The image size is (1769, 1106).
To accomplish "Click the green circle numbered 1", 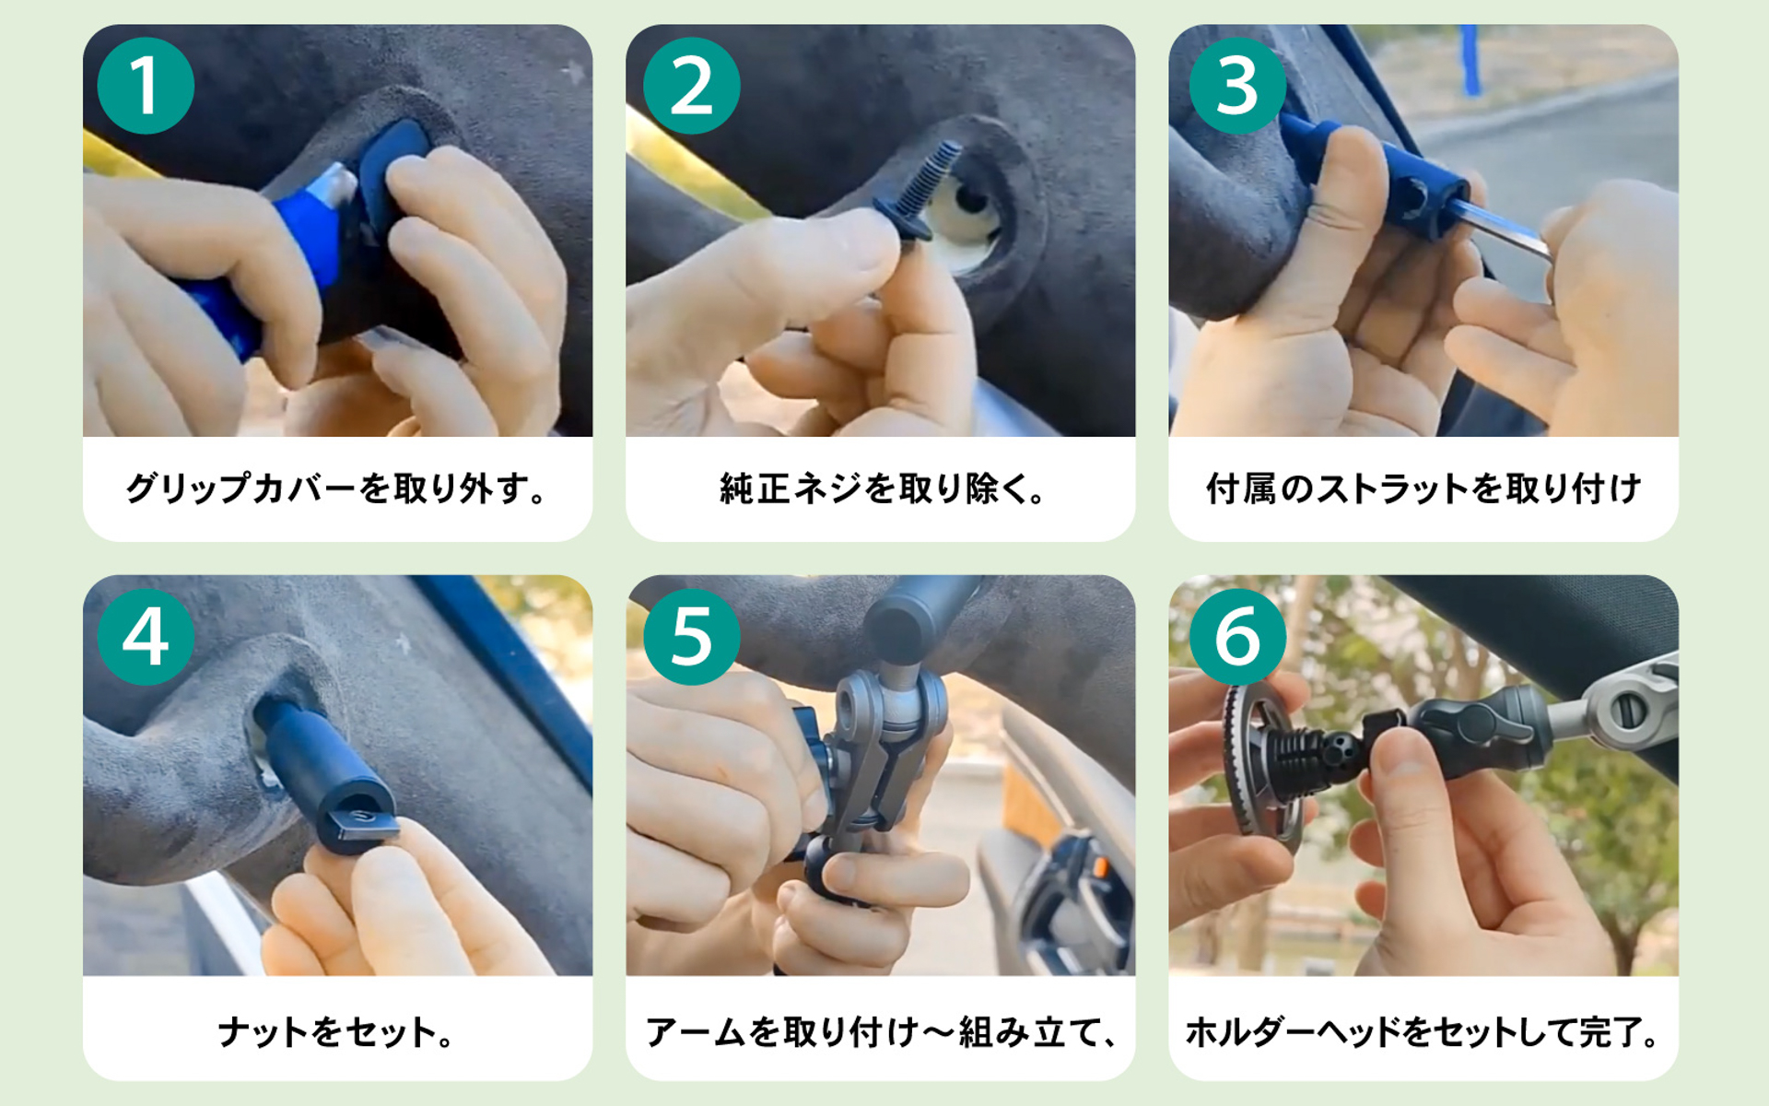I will click(146, 86).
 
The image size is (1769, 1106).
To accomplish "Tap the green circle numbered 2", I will click(691, 86).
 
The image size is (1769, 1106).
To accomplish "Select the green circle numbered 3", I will click(1236, 86).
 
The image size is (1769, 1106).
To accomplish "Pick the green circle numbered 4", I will click(146, 637).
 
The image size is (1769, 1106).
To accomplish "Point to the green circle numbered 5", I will click(691, 637).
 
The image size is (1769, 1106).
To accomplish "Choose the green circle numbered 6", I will click(1236, 637).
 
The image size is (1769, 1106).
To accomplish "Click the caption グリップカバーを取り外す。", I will click(337, 488).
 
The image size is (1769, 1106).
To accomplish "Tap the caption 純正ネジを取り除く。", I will click(881, 488).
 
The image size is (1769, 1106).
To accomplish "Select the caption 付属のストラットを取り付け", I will click(1423, 488).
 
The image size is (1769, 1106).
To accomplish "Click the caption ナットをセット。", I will click(337, 1031).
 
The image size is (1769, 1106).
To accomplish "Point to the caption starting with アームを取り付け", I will click(881, 1031).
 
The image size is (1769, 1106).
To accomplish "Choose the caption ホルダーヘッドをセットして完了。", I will click(1423, 1031).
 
